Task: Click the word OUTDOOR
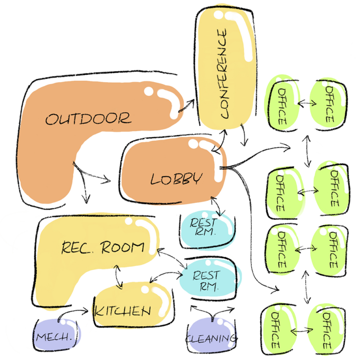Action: coord(89,119)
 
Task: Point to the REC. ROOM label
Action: coord(103,247)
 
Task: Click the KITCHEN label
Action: coord(123,311)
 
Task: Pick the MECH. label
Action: coord(54,337)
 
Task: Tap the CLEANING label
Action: coord(211,338)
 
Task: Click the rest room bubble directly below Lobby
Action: coord(207,229)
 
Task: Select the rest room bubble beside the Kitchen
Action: coord(210,279)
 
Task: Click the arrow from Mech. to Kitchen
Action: coord(71,312)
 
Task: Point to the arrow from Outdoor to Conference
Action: coord(187,106)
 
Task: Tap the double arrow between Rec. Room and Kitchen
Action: coord(118,277)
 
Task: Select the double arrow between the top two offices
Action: coord(307,103)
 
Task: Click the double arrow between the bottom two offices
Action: coord(301,331)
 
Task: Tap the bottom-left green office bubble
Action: coord(279,329)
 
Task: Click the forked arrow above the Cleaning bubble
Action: coord(212,313)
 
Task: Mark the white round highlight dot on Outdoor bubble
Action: coord(149,91)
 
